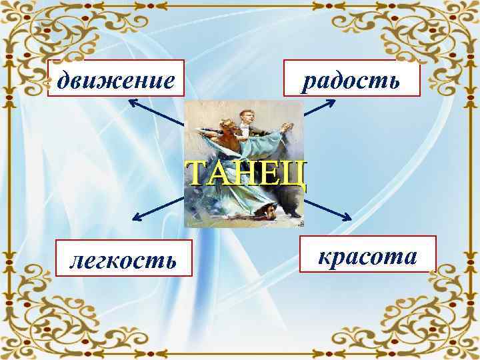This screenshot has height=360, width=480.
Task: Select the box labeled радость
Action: tap(352, 80)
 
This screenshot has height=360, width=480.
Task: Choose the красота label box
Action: tap(367, 255)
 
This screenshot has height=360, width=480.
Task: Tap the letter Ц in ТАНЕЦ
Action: tap(294, 175)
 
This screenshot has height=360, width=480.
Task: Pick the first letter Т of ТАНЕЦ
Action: tap(196, 174)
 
